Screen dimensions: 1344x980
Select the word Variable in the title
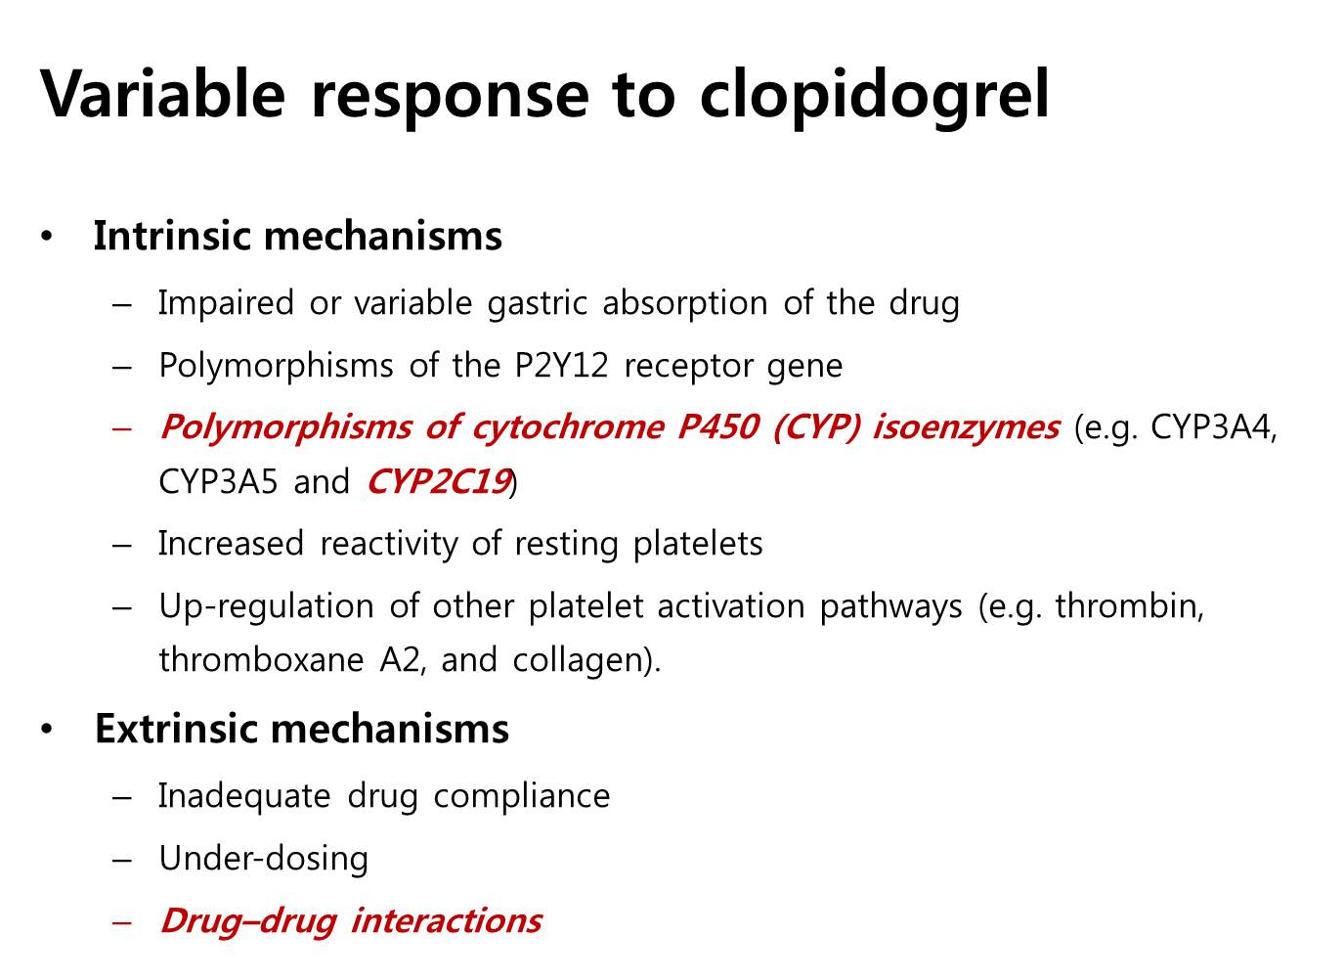[162, 94]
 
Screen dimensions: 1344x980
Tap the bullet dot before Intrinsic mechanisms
[47, 236]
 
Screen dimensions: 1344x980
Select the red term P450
[718, 427]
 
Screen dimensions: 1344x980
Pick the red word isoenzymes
[966, 428]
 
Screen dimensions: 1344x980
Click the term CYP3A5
[218, 481]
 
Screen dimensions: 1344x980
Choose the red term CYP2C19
[439, 481]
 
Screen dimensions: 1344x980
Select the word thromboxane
[261, 659]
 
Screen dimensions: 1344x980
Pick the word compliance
[521, 797]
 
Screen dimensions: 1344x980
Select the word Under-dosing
[263, 859]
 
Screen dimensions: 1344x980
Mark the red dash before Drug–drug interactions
[122, 921]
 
